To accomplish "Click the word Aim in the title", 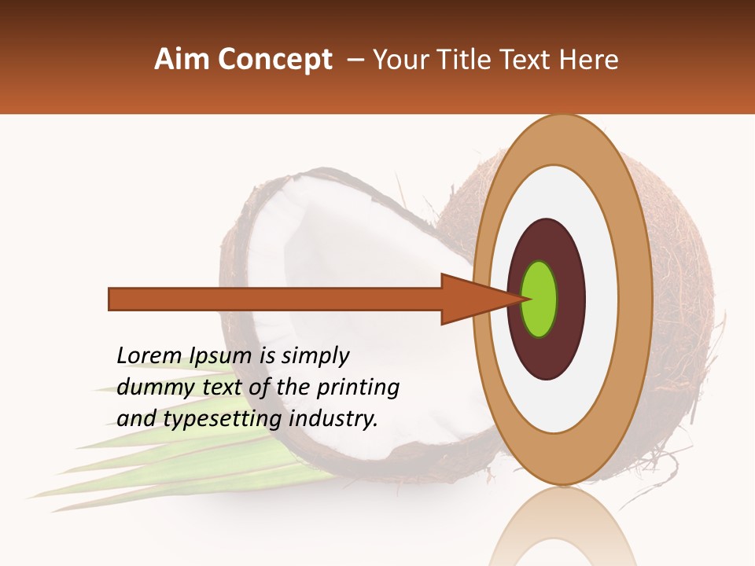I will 181,60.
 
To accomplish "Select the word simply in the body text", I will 315,356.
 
